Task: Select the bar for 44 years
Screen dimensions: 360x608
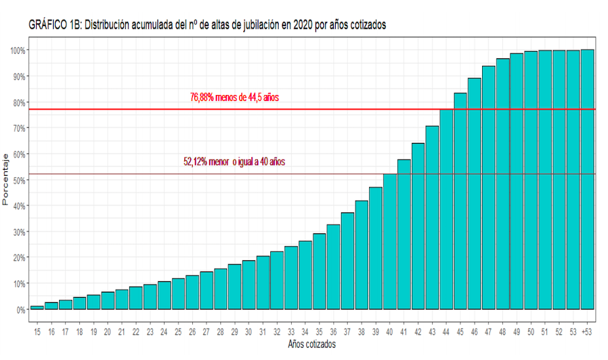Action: tap(446, 209)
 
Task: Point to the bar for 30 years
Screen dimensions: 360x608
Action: tap(249, 285)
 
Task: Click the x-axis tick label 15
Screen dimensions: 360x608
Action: tap(37, 333)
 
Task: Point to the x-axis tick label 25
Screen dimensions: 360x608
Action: tap(178, 333)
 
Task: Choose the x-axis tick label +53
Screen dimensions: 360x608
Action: tap(588, 333)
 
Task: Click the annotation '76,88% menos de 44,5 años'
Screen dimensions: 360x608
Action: tap(234, 97)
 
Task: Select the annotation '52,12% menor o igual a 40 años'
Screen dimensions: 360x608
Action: tap(234, 161)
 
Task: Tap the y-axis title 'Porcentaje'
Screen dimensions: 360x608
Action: tap(7, 179)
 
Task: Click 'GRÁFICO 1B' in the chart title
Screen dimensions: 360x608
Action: tap(53, 26)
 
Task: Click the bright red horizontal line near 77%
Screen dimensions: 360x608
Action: tap(197, 109)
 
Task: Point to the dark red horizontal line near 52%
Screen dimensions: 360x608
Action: tap(197, 174)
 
